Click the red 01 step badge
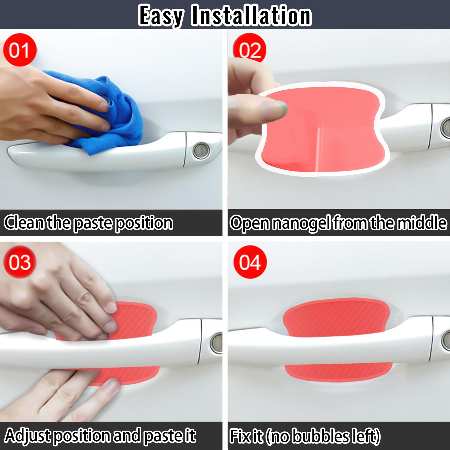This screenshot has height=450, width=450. click(19, 50)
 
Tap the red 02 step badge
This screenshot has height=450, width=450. click(250, 49)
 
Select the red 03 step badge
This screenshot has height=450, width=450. click(19, 262)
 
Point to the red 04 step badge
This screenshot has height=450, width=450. click(250, 262)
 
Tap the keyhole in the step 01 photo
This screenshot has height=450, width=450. click(201, 151)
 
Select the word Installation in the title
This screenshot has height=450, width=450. click(251, 16)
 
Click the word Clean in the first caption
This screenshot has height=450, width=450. click(24, 223)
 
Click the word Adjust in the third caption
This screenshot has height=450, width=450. click(28, 436)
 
